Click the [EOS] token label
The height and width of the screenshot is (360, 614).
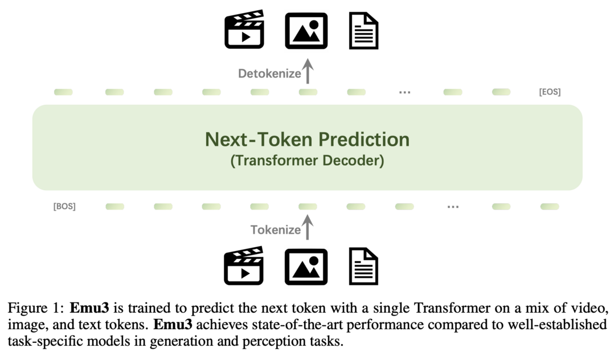coord(550,92)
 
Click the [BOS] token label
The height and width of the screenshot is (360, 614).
coord(64,206)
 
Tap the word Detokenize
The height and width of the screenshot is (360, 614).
coord(269,73)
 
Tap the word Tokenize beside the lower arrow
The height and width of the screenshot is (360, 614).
coord(276,230)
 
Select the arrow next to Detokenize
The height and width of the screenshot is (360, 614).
coord(308,71)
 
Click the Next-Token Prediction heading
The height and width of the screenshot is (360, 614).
coord(308,140)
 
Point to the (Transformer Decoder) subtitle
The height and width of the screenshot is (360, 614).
coord(308,161)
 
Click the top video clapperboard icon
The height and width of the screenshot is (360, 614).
coord(244,30)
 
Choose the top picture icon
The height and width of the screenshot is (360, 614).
coord(306,31)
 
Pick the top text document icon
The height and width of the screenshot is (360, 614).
coord(364,31)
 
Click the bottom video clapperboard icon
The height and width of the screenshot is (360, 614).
coord(244,265)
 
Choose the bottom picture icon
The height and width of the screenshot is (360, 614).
coord(306,267)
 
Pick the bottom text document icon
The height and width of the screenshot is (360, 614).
coord(364,267)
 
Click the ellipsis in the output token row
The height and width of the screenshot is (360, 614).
coord(404,92)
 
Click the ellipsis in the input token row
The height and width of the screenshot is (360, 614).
coord(453,207)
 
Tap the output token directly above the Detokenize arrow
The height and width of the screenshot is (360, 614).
coord(308,92)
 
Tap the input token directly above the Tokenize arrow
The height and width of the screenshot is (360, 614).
coord(308,206)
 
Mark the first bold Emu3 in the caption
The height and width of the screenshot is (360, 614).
coord(89,308)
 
